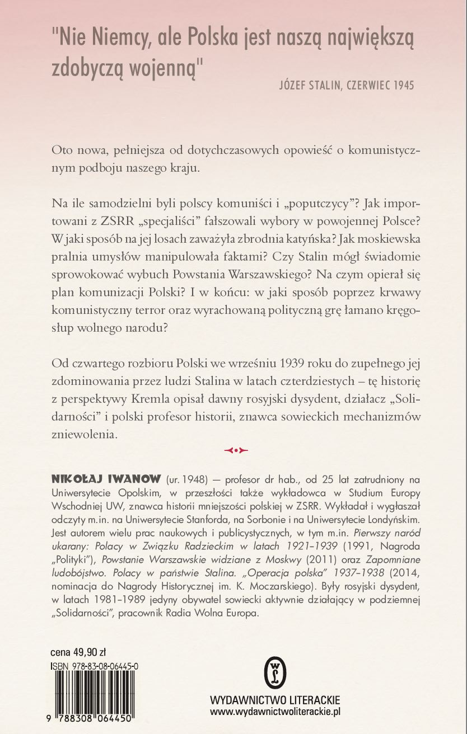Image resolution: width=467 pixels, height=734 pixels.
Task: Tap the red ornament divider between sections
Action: [x=235, y=449]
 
